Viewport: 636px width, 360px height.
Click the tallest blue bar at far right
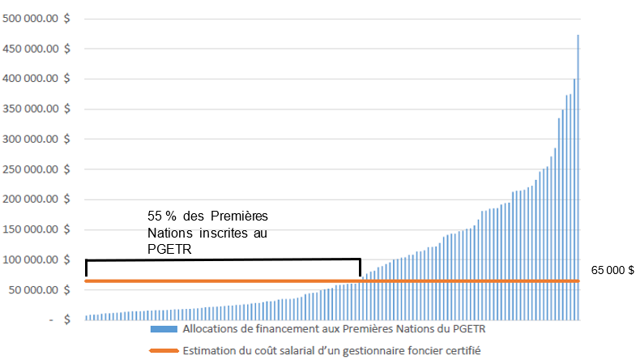point(578,178)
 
